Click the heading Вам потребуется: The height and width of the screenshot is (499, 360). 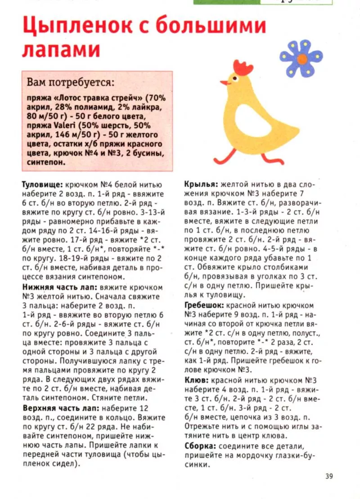(70, 83)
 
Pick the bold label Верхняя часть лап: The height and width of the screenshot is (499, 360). (61, 409)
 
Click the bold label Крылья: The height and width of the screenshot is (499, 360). (202, 184)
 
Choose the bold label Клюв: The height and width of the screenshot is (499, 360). (197, 380)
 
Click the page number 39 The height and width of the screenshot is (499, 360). (328, 477)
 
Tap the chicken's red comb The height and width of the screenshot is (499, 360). (243, 68)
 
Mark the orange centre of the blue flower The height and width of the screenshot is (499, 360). (301, 58)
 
